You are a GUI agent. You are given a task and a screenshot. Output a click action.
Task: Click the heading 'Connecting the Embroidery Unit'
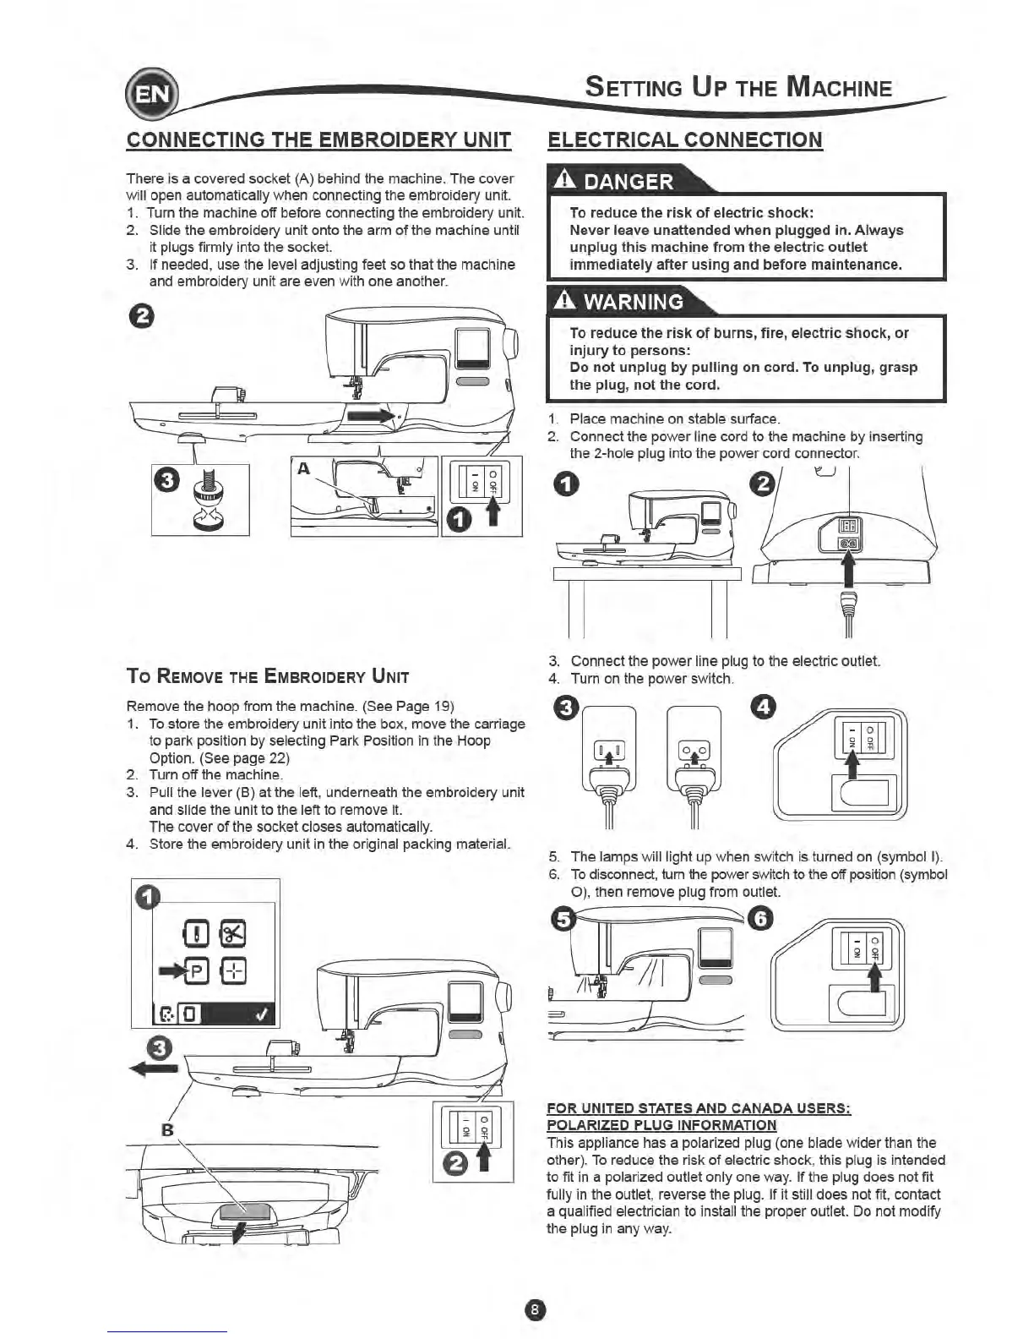tap(318, 139)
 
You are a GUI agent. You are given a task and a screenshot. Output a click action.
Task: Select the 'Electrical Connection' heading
tap(685, 139)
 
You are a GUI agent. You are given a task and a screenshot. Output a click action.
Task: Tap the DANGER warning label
tap(629, 181)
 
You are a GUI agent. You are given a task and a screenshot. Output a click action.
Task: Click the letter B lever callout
tap(166, 1129)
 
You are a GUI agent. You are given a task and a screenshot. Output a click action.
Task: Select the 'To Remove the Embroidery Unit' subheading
tap(267, 676)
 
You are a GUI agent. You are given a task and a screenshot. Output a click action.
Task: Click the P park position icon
tap(197, 970)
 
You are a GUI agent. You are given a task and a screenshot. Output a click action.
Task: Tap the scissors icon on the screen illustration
tap(231, 932)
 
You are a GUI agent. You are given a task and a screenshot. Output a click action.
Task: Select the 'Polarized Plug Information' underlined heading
tap(661, 1124)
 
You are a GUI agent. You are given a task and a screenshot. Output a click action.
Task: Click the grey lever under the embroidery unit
tap(243, 1211)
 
